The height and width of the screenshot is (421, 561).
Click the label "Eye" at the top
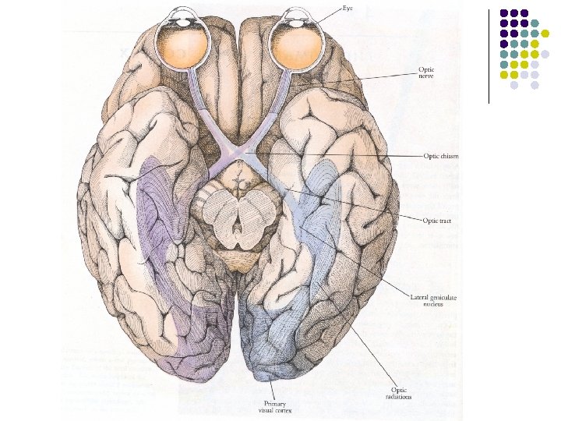[x=348, y=7]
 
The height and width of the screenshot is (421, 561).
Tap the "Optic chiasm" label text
[x=441, y=156]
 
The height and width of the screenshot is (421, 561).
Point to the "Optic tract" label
[x=437, y=221]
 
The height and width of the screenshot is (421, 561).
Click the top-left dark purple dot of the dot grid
[x=504, y=13]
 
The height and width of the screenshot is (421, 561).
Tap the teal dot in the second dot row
[x=535, y=23]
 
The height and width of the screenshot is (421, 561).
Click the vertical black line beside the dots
[x=489, y=55]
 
